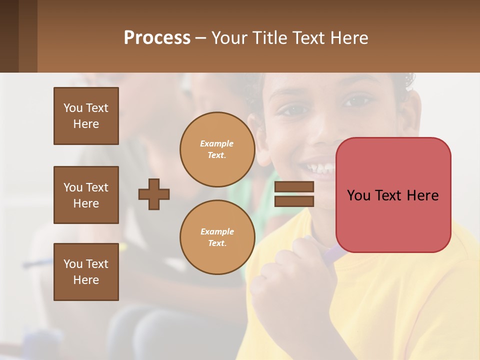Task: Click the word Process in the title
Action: [x=157, y=38]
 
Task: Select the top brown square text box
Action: [x=86, y=116]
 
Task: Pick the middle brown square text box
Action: [x=86, y=195]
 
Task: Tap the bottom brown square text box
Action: [x=86, y=272]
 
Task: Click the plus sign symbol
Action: [x=154, y=194]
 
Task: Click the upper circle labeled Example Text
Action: [x=217, y=149]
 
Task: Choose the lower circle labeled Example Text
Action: [x=217, y=237]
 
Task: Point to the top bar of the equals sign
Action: [x=294, y=186]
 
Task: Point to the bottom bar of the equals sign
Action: [x=294, y=201]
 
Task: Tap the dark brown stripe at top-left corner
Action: [x=9, y=36]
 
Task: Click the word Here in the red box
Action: [x=423, y=195]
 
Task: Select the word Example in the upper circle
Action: [x=217, y=143]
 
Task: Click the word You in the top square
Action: [x=73, y=108]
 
